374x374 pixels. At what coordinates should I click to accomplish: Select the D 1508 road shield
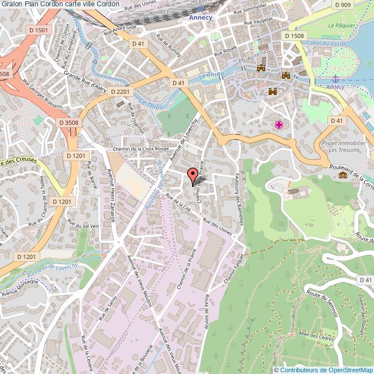[x=295, y=36]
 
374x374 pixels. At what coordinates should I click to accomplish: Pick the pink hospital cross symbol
[x=279, y=125]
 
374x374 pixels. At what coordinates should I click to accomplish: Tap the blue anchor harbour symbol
[x=335, y=79]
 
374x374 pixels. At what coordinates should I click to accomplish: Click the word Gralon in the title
[x=12, y=4]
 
